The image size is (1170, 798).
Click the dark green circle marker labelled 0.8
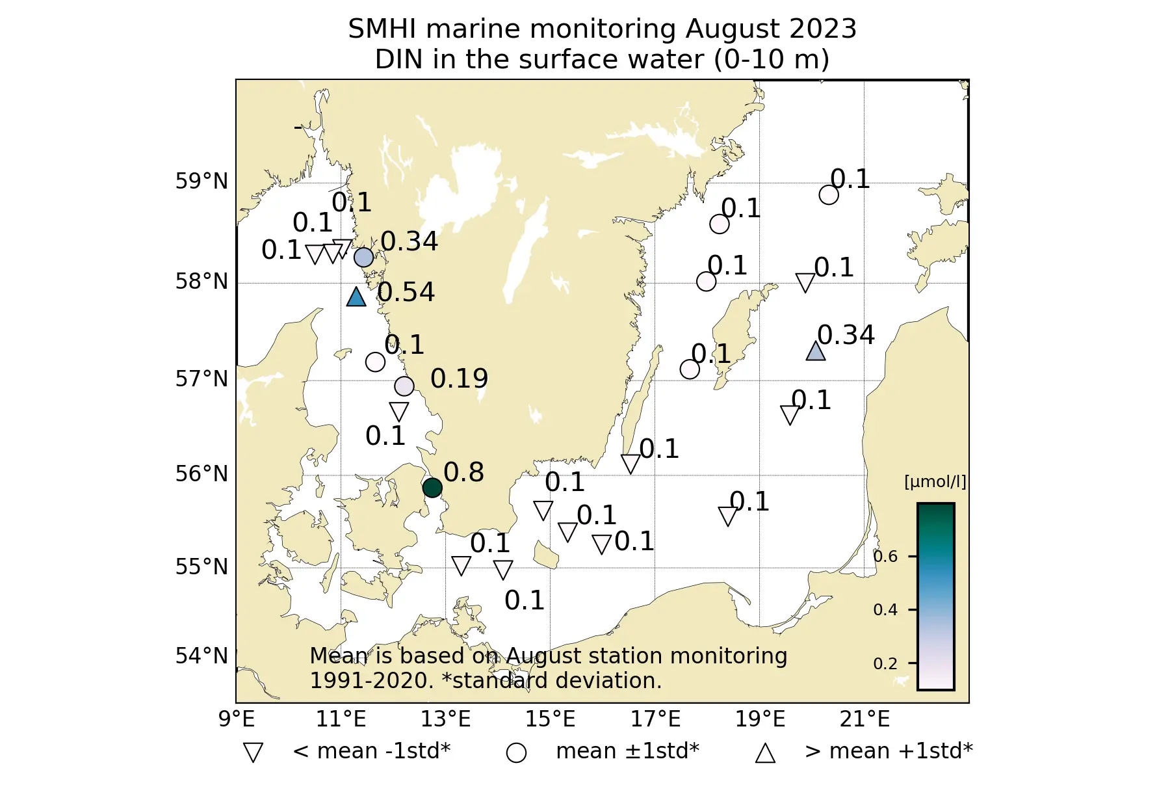click(432, 487)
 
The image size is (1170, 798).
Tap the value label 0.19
click(459, 379)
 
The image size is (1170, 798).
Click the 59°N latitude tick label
click(201, 181)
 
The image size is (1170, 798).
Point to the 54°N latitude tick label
click(201, 656)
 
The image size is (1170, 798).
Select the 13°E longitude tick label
click(446, 719)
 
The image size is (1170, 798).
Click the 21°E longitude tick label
click(864, 719)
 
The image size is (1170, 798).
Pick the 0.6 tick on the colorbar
click(885, 557)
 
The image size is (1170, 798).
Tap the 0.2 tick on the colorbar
click(885, 664)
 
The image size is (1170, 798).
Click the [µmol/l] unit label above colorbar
click(935, 482)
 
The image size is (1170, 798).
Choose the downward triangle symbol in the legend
click(253, 752)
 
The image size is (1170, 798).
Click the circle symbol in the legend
click(516, 752)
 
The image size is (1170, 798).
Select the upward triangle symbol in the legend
click(765, 753)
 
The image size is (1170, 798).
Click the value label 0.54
click(406, 293)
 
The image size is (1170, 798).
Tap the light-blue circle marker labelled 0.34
click(364, 258)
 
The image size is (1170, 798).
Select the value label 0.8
click(463, 472)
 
